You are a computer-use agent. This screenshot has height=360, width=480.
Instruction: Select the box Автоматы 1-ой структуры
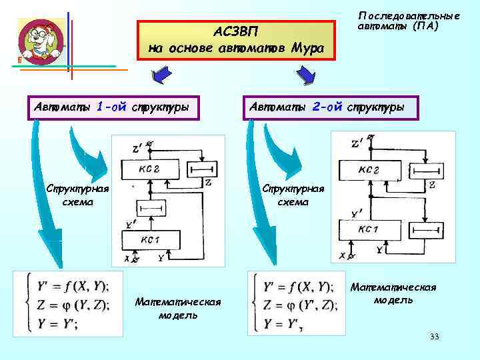pos(113,107)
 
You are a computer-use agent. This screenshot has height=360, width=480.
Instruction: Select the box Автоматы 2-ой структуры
pos(331,107)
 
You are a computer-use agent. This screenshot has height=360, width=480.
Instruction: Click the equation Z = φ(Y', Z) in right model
pos(299,305)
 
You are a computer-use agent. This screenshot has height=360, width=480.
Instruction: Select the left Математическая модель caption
pos(177,309)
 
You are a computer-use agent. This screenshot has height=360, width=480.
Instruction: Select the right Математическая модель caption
pos(393,293)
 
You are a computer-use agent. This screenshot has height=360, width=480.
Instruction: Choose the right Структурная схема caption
pos(293,194)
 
